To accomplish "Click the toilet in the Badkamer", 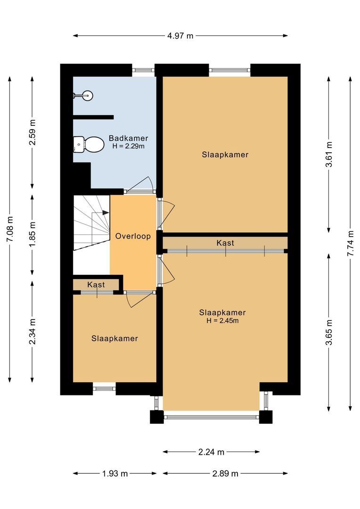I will (90, 144).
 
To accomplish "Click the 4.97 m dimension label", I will (180, 36).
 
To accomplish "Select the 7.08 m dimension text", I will (10, 230).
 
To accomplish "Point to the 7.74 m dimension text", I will (350, 243).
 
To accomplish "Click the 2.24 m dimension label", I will (211, 452).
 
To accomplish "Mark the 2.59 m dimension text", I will (32, 132).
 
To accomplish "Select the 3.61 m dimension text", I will (329, 154).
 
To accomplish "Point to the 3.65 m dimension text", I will (329, 332).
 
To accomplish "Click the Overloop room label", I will (133, 236).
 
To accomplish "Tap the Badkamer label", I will (128, 138).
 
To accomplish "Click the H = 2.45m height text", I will (222, 321).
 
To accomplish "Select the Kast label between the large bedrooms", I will (225, 243).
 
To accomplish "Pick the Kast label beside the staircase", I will (96, 285).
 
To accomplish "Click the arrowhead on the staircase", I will (106, 213).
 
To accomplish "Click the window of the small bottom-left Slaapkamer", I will (104, 389).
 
